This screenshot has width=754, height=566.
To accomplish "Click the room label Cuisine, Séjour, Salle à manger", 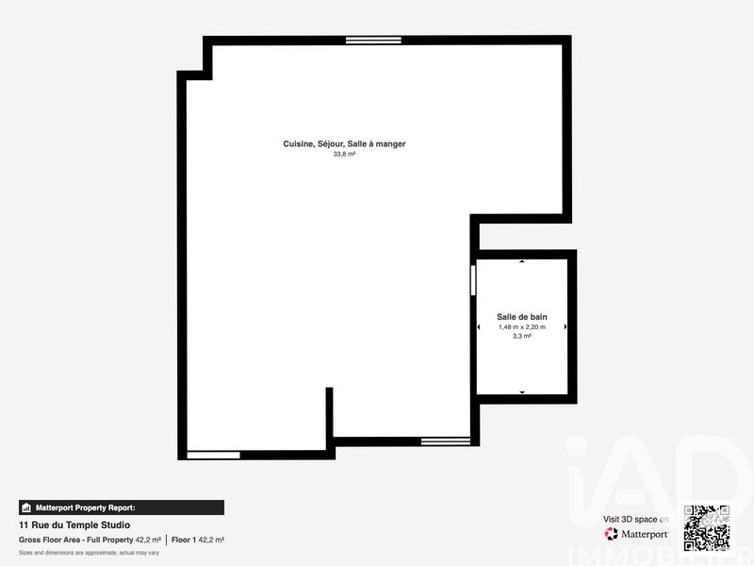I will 344,143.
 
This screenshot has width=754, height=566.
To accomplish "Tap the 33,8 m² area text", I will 344,154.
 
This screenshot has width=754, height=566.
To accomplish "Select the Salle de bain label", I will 522,317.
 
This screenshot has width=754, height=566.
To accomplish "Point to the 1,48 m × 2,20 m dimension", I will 522,327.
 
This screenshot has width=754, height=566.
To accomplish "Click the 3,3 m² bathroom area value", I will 522,337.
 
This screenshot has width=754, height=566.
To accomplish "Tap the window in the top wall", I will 373,40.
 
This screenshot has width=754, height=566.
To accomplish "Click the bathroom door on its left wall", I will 473,281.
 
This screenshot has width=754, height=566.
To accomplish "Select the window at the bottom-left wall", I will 213,455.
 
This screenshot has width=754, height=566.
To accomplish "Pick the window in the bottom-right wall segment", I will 445,441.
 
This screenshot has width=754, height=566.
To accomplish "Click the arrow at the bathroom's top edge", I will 522,261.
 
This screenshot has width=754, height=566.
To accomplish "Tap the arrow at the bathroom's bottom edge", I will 522,391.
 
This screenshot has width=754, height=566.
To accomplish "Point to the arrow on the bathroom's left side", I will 480,327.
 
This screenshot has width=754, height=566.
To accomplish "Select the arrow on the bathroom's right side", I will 565,327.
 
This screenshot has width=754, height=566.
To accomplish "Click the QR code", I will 707,528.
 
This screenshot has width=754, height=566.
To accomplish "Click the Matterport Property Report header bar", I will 122,508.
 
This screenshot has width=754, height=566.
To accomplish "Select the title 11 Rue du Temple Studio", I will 74,524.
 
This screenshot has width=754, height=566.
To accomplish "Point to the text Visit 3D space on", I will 636,519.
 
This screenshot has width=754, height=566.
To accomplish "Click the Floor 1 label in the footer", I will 185,540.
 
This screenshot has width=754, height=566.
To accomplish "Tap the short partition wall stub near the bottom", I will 330,415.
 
